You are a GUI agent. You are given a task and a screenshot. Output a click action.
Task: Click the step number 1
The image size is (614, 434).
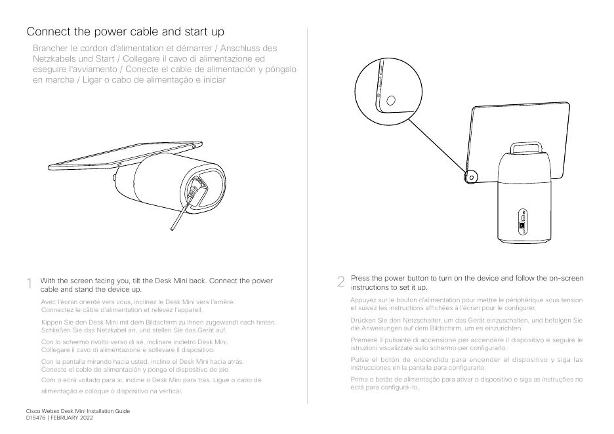point(29,284)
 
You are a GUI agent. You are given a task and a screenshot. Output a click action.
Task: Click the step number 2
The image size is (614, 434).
point(340,282)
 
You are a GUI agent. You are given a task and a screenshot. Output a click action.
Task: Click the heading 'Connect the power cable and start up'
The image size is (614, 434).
point(125,31)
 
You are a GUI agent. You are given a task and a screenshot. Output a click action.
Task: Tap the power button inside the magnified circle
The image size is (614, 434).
point(391,100)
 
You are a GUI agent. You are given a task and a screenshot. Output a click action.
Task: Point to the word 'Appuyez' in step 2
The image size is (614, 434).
point(364,300)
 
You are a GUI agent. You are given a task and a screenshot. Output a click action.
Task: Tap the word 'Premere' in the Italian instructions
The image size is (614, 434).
point(365,340)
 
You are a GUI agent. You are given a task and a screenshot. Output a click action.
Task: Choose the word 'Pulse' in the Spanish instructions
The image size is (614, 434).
point(361,360)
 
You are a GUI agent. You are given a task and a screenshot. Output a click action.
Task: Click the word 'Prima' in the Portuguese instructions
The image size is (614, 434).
point(361,380)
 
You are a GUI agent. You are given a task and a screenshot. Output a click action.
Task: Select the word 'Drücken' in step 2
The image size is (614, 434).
point(365,320)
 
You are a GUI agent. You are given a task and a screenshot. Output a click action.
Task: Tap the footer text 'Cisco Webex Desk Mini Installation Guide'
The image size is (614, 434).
point(73,410)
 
